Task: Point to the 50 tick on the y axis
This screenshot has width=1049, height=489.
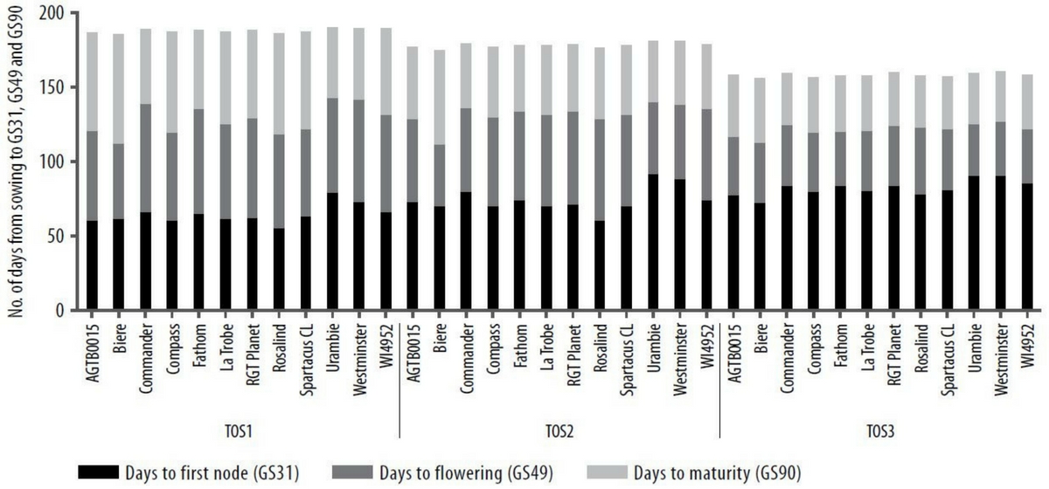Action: click(56, 236)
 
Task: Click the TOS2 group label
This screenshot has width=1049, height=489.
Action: click(559, 430)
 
